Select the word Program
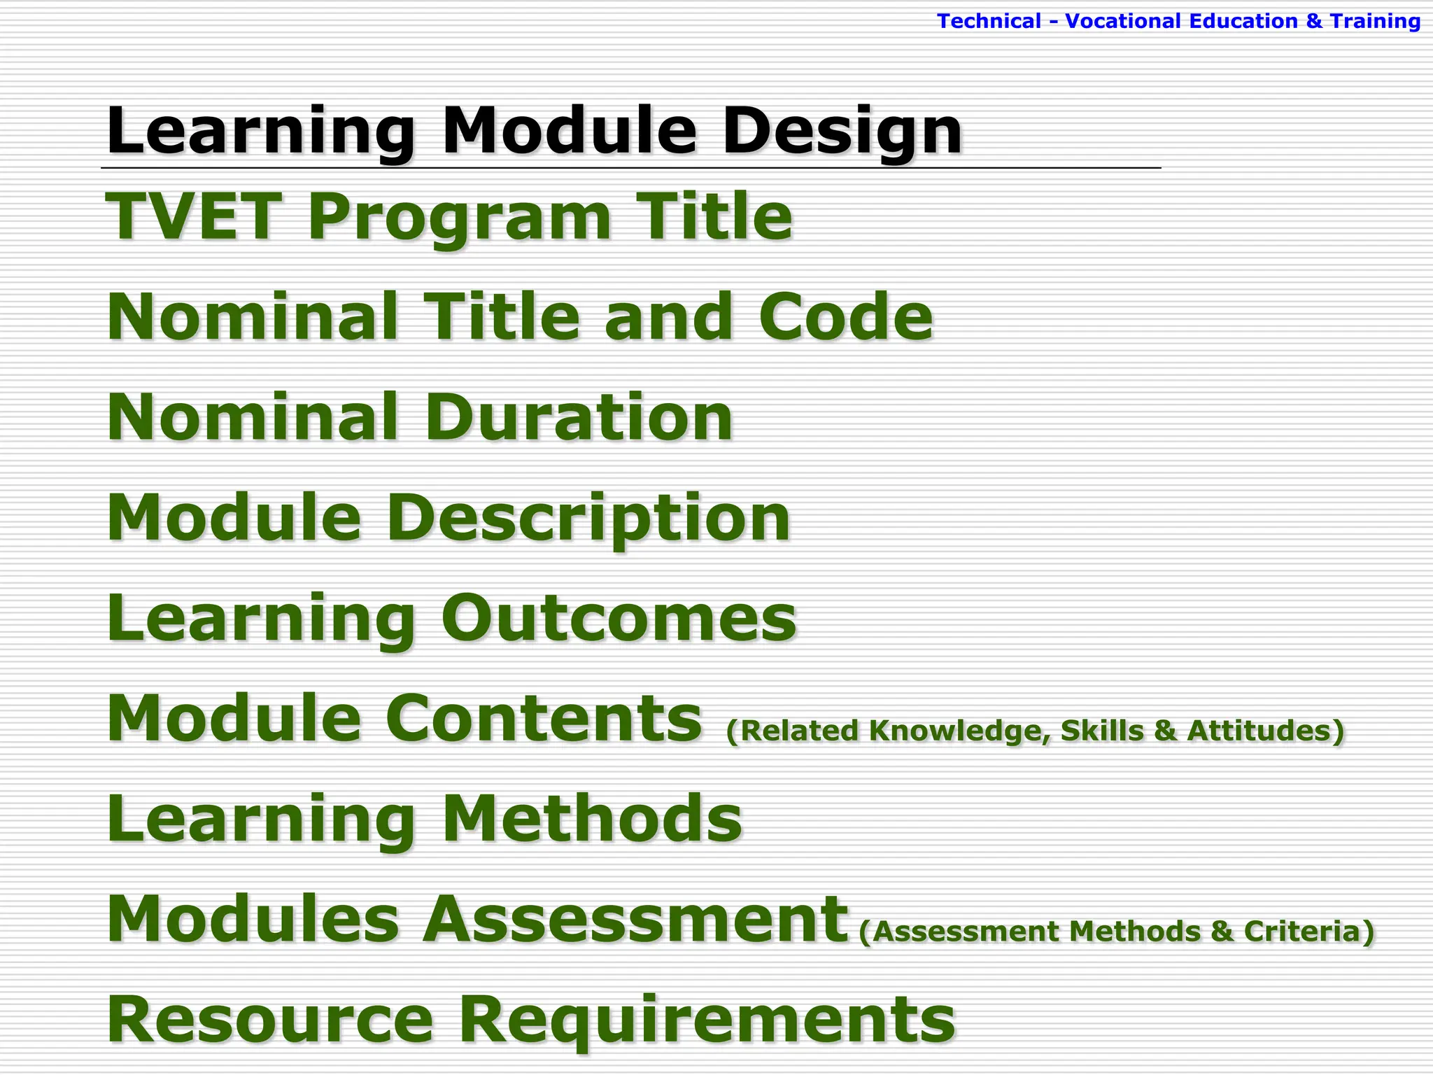coord(459,218)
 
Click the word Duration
coord(578,418)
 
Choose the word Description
coord(588,519)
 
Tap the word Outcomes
coord(619,618)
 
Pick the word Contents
coord(544,719)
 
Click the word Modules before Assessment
coord(253,919)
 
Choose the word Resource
coord(270,1020)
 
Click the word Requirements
coord(707,1020)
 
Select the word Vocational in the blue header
coord(1123,22)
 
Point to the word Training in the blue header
coord(1375,22)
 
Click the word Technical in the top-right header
coord(989,22)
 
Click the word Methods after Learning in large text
coord(592,819)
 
